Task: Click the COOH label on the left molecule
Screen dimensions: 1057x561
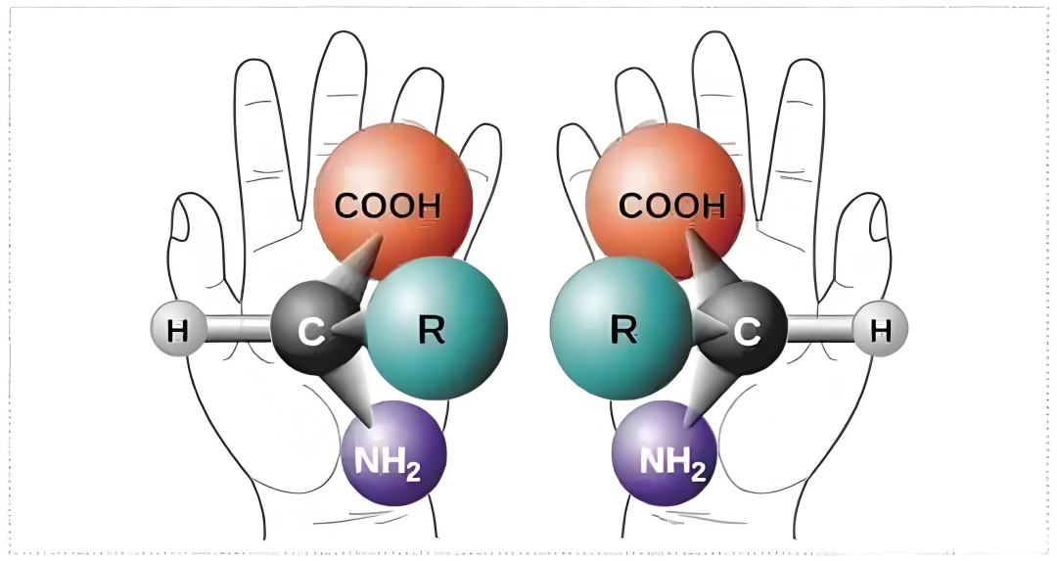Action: click(x=388, y=206)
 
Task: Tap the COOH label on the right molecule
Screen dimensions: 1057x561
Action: click(x=672, y=206)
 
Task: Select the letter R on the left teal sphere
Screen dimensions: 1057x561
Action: click(x=432, y=329)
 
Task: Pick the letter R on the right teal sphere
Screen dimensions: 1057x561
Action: click(x=623, y=329)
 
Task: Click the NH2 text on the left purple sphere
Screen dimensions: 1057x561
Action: click(x=387, y=462)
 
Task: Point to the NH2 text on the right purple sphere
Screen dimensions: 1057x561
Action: click(x=672, y=462)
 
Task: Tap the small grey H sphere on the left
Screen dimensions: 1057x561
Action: click(x=177, y=330)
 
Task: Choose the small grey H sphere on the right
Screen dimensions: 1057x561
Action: click(x=880, y=330)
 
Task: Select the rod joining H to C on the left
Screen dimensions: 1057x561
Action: click(x=237, y=330)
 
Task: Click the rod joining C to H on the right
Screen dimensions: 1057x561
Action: click(x=820, y=330)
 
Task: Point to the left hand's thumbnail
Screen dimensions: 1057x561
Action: click(x=183, y=221)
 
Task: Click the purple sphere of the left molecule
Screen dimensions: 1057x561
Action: click(x=394, y=453)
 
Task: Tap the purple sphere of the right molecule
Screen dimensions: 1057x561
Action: click(x=664, y=453)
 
